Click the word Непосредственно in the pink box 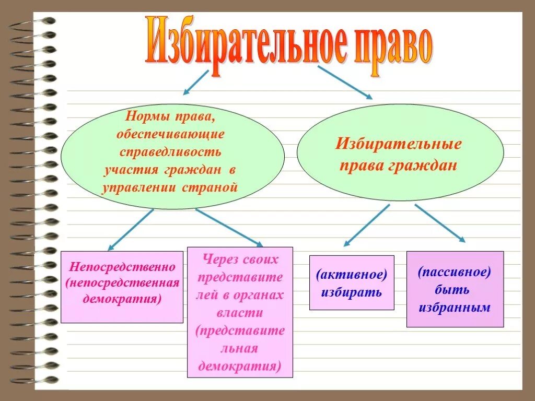point(122,267)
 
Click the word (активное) point(352,274)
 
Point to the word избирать point(351,292)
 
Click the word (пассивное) point(455,272)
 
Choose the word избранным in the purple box point(455,308)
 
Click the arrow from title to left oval point(196,82)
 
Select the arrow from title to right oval point(345,82)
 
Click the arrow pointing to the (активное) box point(367,225)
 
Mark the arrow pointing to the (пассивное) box point(440,222)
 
